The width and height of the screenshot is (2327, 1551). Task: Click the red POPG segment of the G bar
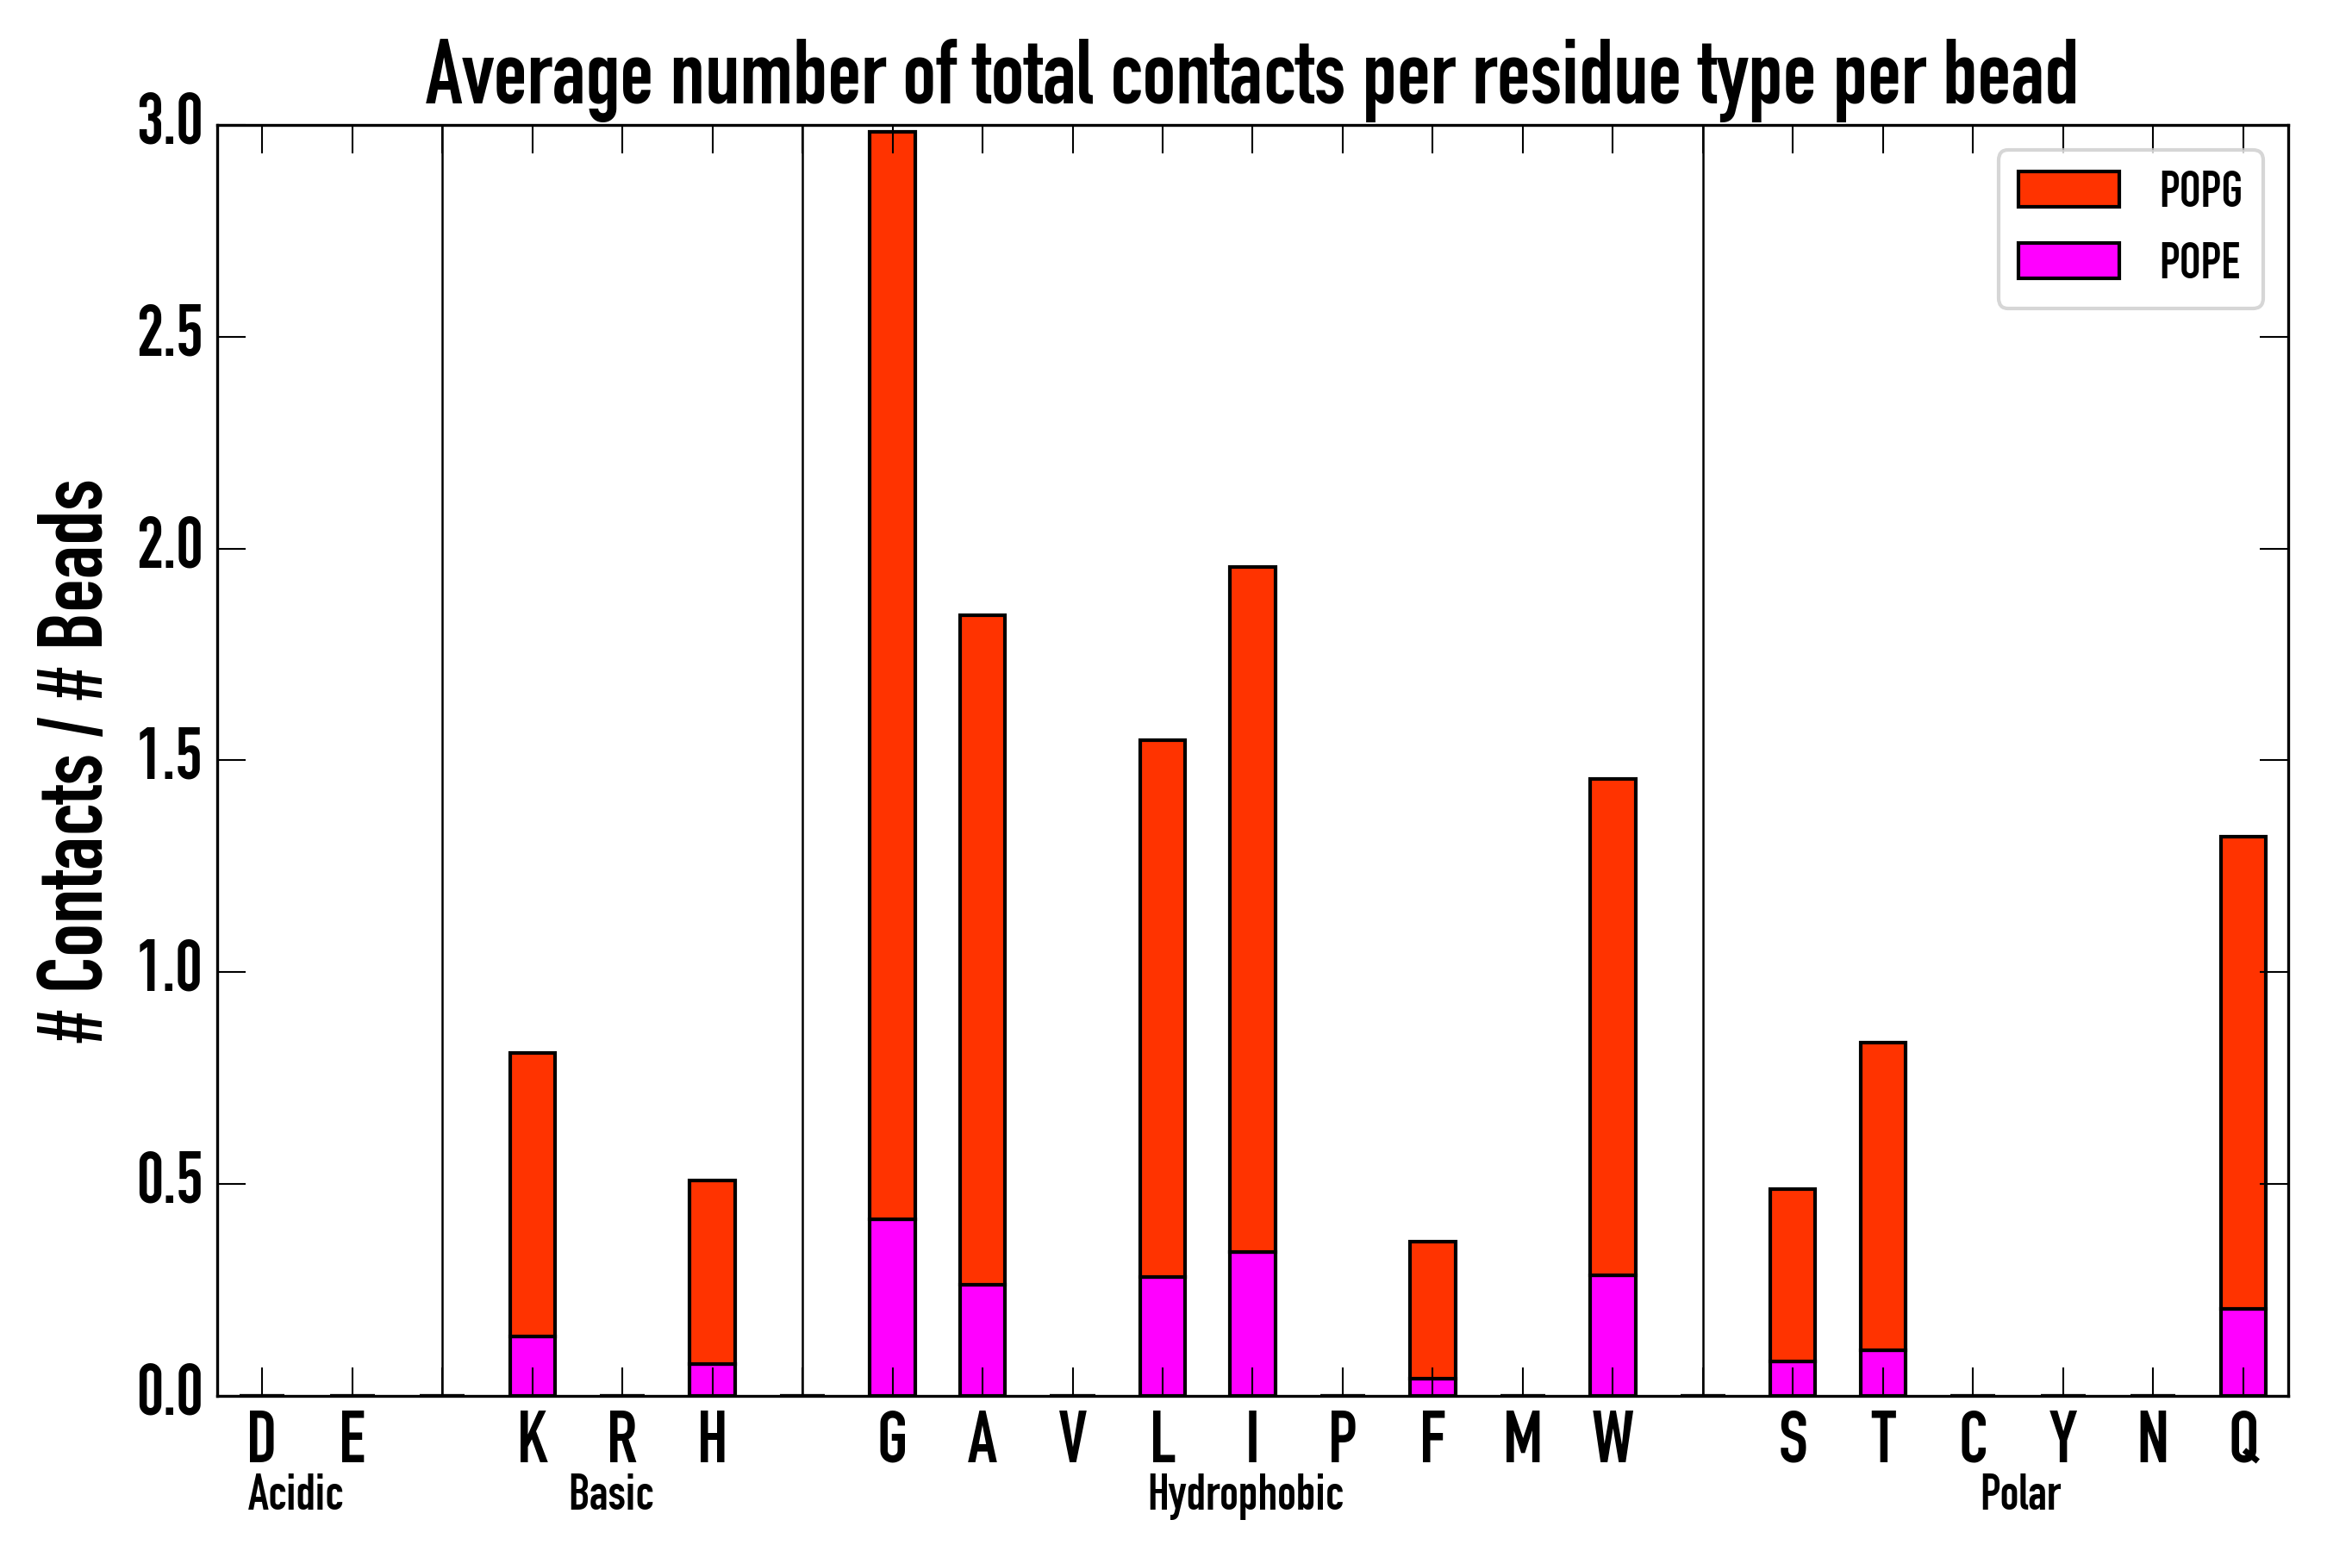[x=891, y=673]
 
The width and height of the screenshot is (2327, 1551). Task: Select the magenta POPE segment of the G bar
[x=891, y=1305]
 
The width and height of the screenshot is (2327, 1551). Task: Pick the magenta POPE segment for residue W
[x=1612, y=1335]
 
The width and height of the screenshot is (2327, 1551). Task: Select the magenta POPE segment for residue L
[x=1162, y=1336]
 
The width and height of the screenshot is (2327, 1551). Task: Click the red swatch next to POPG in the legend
[x=2068, y=189]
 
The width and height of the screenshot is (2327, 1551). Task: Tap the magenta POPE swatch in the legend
[x=2068, y=260]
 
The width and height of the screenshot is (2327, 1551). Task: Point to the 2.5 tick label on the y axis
[x=170, y=336]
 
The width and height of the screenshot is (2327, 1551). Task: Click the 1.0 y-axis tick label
[x=170, y=971]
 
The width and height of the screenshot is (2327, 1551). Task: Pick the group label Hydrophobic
[x=1245, y=1493]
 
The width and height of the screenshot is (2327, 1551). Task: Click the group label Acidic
[x=295, y=1493]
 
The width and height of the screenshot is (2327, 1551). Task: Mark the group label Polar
[x=2019, y=1493]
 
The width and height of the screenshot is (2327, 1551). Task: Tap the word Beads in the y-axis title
[x=72, y=564]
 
